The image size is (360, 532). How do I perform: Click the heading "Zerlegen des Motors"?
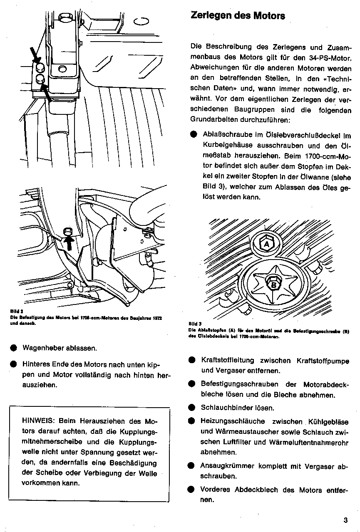coord(238,16)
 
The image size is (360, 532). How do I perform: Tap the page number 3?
coord(345,520)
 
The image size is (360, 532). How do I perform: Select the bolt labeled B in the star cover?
coord(274,285)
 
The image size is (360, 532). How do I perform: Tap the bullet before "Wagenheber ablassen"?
coord(14,347)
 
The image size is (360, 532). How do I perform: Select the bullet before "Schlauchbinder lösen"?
coord(191,408)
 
